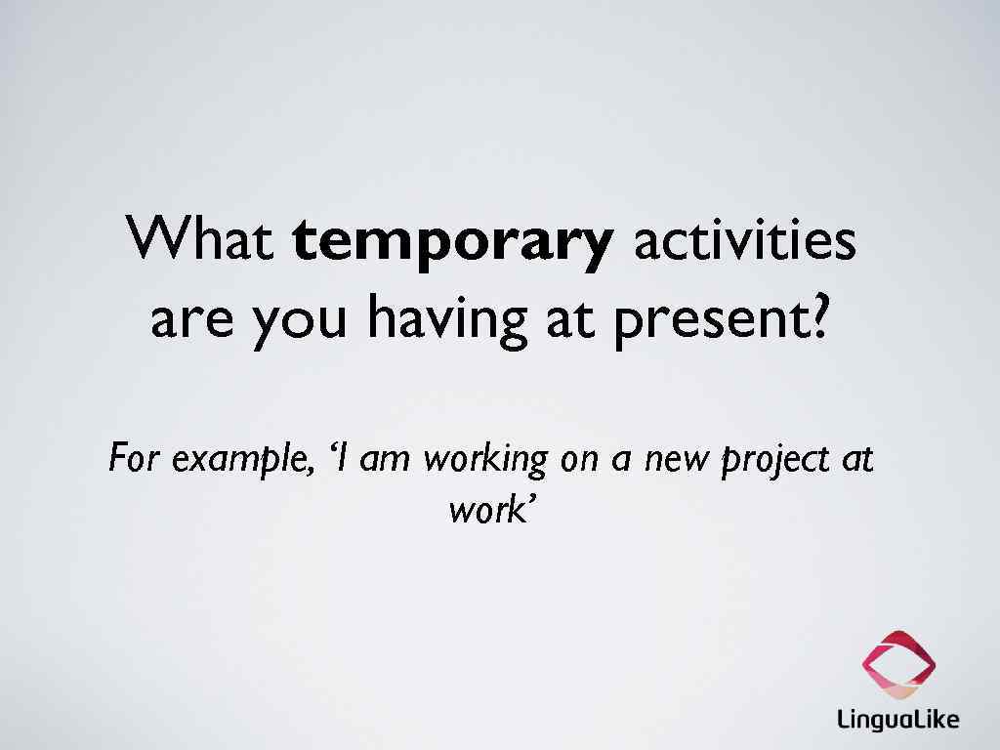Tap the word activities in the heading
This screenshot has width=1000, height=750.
[x=745, y=240]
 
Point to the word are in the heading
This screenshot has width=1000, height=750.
[x=191, y=320]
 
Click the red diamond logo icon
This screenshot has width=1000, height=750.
[x=897, y=664]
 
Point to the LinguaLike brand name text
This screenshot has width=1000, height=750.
[x=897, y=721]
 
